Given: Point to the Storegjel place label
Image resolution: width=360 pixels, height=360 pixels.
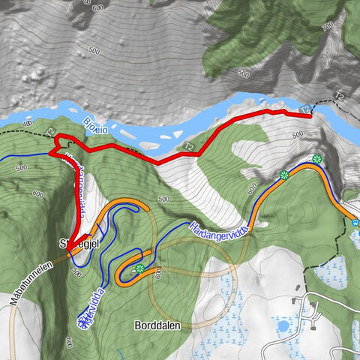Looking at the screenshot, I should coord(74,243).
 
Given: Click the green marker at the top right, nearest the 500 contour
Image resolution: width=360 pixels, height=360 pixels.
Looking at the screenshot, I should coord(317,159).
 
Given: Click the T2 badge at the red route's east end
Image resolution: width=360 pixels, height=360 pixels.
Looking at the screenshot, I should coord(305,110).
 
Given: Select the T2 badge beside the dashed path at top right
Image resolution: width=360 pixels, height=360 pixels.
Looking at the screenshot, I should coord(338,96).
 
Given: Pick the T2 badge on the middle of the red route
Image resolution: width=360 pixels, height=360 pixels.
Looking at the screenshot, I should coord(189,146).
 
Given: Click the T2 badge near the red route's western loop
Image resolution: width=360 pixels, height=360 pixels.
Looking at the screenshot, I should coord(51,133).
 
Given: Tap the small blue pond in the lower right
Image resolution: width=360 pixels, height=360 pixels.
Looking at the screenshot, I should coord(283,326).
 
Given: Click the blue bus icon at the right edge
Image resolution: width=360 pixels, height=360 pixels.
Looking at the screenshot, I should coord(355,222).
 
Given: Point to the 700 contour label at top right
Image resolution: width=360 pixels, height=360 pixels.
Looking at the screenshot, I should coord(326,27).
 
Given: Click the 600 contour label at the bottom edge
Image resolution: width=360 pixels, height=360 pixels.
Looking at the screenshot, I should coord(68,342).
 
